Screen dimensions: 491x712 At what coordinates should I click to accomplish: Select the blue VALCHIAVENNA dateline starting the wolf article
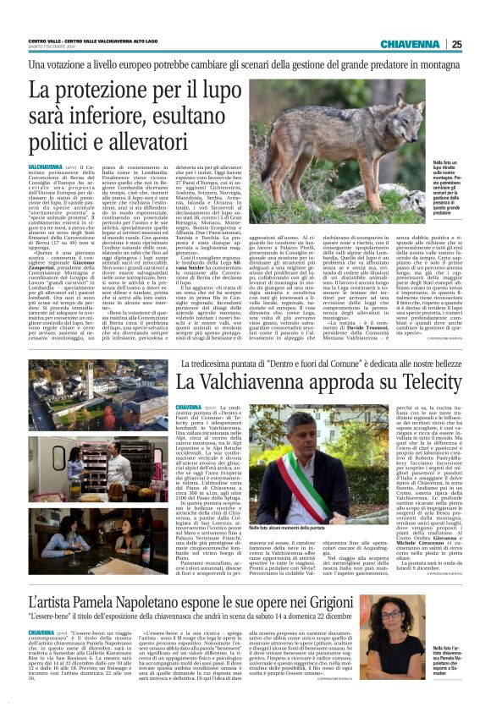coord(44,169)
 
